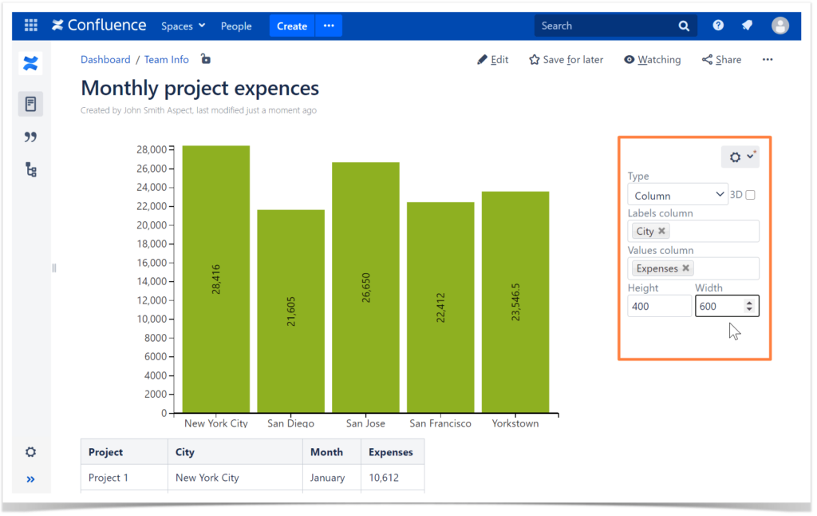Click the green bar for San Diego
point(290,311)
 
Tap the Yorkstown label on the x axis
point(515,423)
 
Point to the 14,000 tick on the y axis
point(151,281)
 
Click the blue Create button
point(291,26)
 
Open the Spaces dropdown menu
point(183,26)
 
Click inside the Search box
point(606,26)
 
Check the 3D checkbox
point(750,195)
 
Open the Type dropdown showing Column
point(677,195)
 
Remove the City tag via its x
point(661,232)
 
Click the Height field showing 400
point(659,306)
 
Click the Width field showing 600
point(718,306)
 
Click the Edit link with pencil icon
point(492,60)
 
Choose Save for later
point(566,60)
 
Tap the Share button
point(721,60)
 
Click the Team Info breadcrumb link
point(167,60)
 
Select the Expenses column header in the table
point(391,452)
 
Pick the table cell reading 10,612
point(384,478)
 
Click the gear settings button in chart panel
point(740,157)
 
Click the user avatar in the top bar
point(780,26)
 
